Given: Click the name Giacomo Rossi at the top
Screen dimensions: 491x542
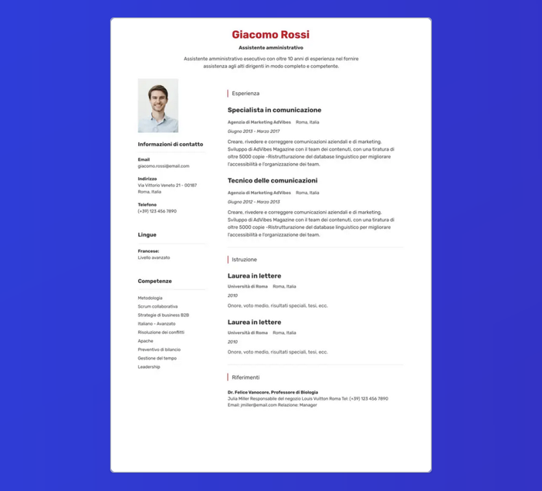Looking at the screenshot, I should [x=270, y=35].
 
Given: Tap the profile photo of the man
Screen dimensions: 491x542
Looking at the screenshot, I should [x=158, y=105].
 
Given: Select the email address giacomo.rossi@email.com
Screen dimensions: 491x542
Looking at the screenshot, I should [x=164, y=166].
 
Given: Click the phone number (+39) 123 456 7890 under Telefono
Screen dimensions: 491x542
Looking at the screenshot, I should [x=157, y=211].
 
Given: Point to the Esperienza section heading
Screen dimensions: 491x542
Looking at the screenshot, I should [x=246, y=94].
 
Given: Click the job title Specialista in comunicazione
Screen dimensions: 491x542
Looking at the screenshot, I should [x=274, y=110].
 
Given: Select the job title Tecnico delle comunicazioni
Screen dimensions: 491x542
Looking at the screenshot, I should [x=273, y=181].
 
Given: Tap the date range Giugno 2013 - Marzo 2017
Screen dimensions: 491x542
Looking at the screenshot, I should [x=253, y=131].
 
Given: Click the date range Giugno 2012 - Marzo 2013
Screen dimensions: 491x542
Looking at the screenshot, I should [x=253, y=202].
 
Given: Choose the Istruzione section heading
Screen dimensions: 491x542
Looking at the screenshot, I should [x=244, y=260].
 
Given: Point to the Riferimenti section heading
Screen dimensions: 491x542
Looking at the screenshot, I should [x=246, y=377].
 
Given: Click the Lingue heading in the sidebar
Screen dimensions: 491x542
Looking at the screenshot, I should [x=147, y=234].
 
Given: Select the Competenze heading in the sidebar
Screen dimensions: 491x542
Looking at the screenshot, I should [x=154, y=281].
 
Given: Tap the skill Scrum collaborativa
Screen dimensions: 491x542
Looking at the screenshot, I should [x=158, y=306].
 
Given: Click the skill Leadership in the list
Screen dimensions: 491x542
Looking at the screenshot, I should [x=149, y=367].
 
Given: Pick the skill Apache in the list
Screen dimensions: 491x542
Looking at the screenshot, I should [x=145, y=341].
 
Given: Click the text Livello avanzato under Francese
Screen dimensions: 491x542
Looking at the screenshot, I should [x=154, y=257].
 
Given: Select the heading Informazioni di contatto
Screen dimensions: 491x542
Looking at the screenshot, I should [x=171, y=145].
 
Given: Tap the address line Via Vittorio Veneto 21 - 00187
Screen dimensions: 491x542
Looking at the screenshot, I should [x=168, y=186].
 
